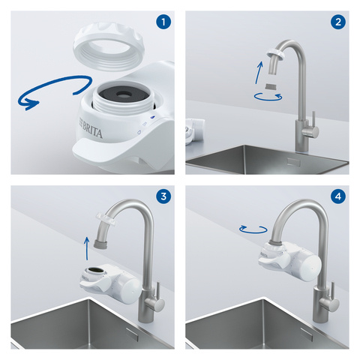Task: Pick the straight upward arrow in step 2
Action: point(258,74)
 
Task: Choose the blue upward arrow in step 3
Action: point(89,246)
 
